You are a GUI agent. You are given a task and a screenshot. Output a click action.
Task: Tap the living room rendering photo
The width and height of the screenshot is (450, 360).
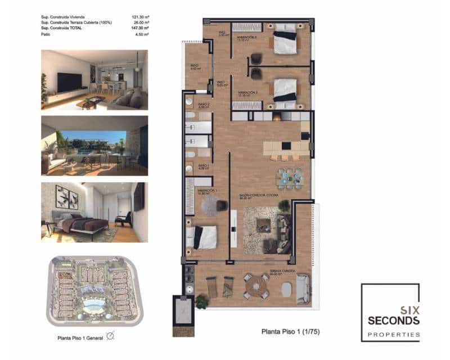[94, 80]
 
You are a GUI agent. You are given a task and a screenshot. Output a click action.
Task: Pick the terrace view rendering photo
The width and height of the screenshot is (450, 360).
[94, 145]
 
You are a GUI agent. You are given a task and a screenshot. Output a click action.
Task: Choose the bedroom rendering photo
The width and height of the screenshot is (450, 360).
[94, 212]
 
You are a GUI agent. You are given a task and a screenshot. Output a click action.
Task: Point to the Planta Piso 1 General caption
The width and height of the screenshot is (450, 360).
[79, 338]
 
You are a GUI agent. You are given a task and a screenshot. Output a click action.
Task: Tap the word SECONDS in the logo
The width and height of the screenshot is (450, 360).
[393, 320]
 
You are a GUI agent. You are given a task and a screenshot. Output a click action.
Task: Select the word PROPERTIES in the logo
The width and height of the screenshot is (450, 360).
[393, 334]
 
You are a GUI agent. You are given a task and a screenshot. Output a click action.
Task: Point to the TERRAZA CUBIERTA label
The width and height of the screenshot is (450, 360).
[282, 271]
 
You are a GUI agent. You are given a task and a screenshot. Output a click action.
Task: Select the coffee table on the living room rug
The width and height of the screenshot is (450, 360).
[263, 224]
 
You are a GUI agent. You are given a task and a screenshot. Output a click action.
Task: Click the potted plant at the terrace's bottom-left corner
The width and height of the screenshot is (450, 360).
[201, 301]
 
